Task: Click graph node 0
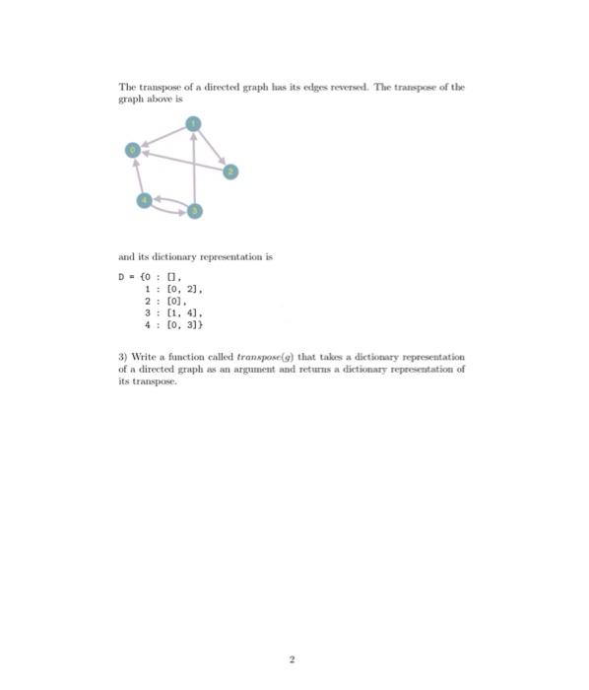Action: click(x=130, y=150)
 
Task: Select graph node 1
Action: click(x=194, y=123)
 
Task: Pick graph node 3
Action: click(x=194, y=211)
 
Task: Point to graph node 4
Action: click(x=145, y=201)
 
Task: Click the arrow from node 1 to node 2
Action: click(x=213, y=147)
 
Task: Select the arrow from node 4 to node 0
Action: click(x=138, y=175)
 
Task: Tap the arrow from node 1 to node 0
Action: click(x=163, y=136)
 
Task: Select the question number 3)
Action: click(x=122, y=355)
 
